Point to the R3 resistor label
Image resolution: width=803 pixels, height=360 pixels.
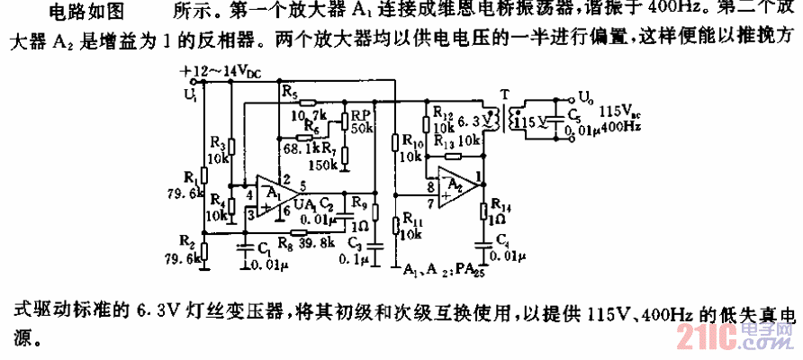(x=218, y=143)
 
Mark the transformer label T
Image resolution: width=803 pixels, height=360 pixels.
(x=503, y=94)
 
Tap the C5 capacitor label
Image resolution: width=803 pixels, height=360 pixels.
(x=574, y=115)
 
